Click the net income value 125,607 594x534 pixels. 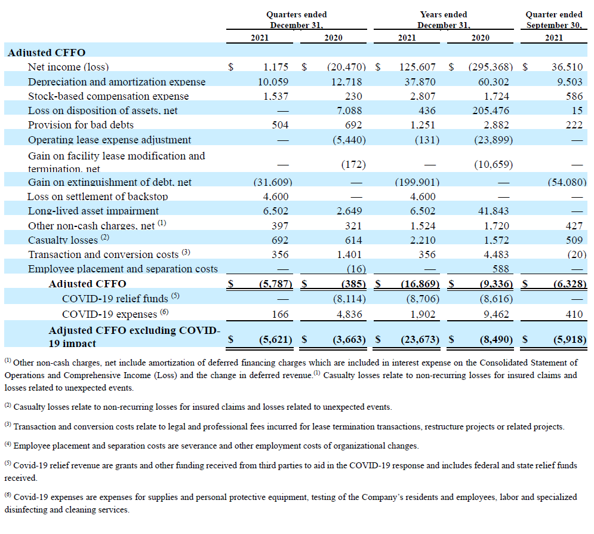pos(417,67)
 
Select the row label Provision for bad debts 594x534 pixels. pos(81,125)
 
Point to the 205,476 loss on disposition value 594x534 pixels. pos(491,111)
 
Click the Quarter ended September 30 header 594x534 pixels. pos(554,20)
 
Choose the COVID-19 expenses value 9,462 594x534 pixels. pos(496,315)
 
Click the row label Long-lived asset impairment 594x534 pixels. pos(93,211)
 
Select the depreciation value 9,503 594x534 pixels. pos(570,82)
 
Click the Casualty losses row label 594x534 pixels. pos(63,240)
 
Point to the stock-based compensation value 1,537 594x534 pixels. pos(276,96)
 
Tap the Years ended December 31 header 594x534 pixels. pos(444,20)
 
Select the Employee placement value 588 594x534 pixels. pos(500,269)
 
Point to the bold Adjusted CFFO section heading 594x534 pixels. pos(47,53)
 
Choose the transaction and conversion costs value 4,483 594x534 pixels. pos(496,254)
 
